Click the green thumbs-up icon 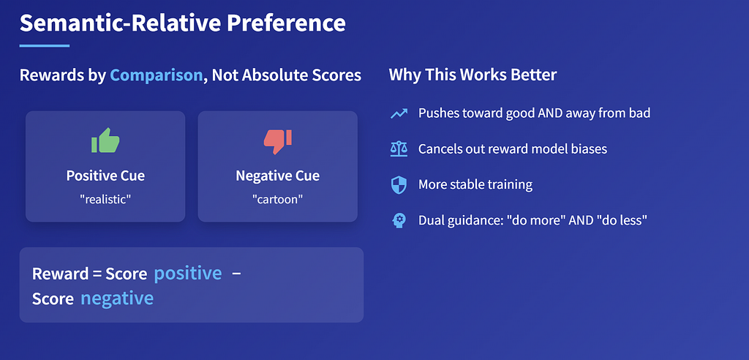coord(105,140)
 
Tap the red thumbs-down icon coord(277,141)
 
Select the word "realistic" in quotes coord(105,198)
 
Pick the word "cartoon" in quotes coord(277,198)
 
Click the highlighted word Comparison coord(157,75)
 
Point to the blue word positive coord(188,273)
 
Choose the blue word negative coord(117,298)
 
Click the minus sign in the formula coord(236,274)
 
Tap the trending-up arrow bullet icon coord(399,113)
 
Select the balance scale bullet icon coord(399,149)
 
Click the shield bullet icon coord(399,185)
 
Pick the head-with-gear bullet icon coord(399,220)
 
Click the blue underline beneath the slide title coord(45,46)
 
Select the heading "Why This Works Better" coord(473,75)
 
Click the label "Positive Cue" coord(105,176)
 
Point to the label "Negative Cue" coord(277,176)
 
